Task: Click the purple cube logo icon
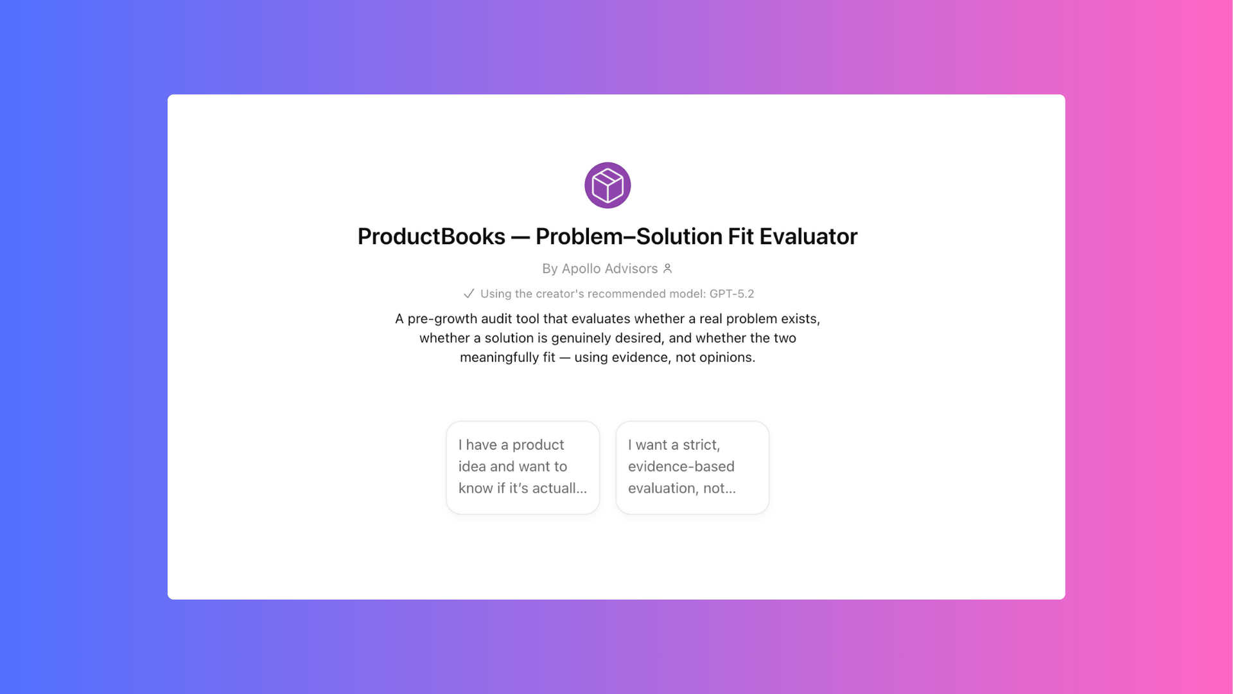pos(608,185)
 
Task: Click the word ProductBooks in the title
pos(432,236)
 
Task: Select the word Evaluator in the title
pos(809,236)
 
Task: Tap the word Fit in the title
pos(740,236)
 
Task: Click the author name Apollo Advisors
pos(609,269)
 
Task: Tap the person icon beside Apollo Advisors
pos(668,269)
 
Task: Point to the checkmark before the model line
pos(469,294)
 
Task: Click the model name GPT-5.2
pos(732,294)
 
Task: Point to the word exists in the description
pos(799,319)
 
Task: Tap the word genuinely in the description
pos(582,338)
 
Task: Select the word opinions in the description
pos(728,357)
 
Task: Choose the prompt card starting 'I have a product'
pos(523,467)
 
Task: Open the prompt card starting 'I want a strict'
pos(692,467)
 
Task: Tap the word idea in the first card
pos(472,467)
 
